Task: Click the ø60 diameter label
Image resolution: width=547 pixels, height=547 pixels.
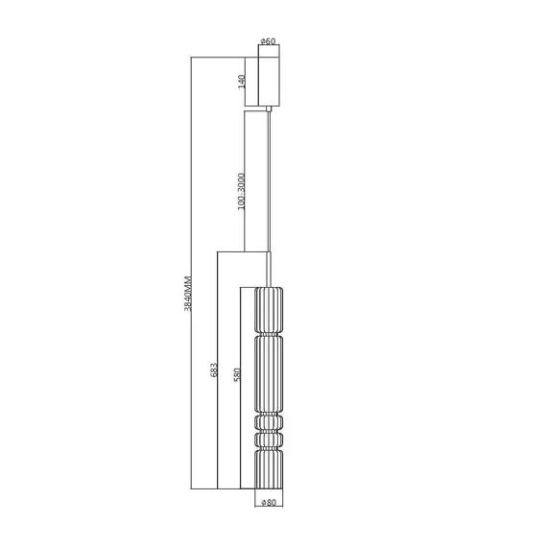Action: click(269, 41)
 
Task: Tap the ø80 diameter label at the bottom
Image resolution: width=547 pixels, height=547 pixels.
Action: click(269, 502)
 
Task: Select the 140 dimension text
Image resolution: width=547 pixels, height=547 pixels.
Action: click(243, 82)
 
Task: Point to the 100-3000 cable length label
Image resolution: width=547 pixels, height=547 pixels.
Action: click(242, 192)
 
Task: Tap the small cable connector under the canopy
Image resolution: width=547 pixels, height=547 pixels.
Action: click(269, 109)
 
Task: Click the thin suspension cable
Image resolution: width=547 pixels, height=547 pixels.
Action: click(269, 182)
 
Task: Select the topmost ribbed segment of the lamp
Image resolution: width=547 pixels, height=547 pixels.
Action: click(269, 307)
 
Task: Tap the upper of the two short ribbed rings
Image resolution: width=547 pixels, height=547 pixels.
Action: click(269, 422)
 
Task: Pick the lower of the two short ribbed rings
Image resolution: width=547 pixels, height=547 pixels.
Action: click(269, 440)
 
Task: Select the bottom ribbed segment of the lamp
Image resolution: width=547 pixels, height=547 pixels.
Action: click(269, 469)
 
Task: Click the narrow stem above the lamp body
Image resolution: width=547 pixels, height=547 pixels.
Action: click(269, 269)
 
